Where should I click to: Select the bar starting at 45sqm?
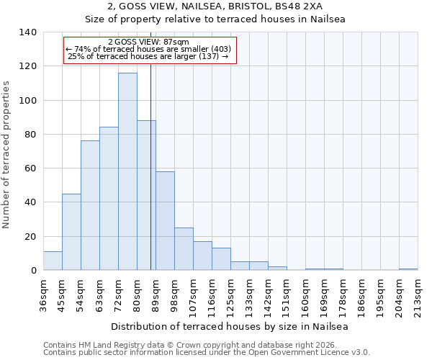pyautogui.click(x=71, y=232)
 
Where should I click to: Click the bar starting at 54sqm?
pyautogui.click(x=90, y=205)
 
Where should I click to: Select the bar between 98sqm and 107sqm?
pyautogui.click(x=184, y=249)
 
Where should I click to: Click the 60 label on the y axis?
pyautogui.click(x=31, y=168)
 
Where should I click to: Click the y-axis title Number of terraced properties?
pyautogui.click(x=6, y=155)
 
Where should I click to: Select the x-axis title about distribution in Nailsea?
pyautogui.click(x=230, y=327)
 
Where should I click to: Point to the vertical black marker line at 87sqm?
pyautogui.click(x=150, y=180)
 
